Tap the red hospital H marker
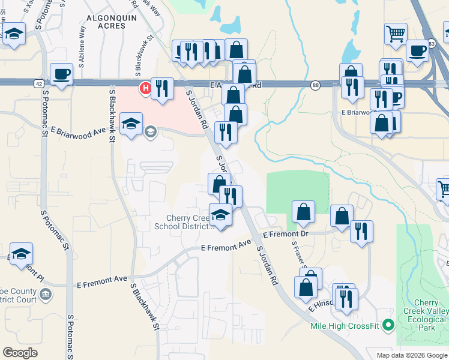click(x=145, y=89)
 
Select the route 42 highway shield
click(x=38, y=84)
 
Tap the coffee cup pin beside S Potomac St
click(x=61, y=75)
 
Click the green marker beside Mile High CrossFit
click(x=388, y=326)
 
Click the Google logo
click(x=20, y=353)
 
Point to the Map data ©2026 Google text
click(x=412, y=355)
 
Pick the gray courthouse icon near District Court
click(x=46, y=295)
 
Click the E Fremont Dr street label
click(x=285, y=234)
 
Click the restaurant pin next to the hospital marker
click(x=162, y=89)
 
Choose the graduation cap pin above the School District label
click(x=221, y=215)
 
